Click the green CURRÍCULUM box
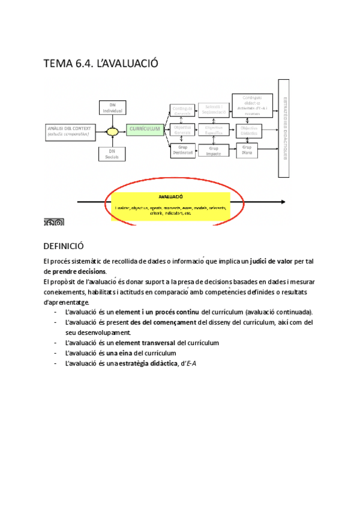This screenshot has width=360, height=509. click(145, 129)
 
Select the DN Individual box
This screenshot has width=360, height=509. click(112, 108)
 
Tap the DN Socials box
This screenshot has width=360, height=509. click(112, 154)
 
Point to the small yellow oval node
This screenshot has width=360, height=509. click(112, 131)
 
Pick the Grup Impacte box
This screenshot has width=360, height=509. click(214, 151)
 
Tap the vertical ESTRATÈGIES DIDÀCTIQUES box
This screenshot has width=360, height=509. click(286, 128)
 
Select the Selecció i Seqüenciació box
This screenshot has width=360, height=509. click(214, 109)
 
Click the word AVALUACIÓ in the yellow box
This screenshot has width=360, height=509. click(171, 196)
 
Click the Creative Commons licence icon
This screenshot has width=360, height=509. click(53, 223)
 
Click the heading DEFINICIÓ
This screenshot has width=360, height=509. click(64, 246)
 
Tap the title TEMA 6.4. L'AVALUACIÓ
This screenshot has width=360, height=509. click(101, 64)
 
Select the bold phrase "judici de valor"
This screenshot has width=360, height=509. click(274, 262)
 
